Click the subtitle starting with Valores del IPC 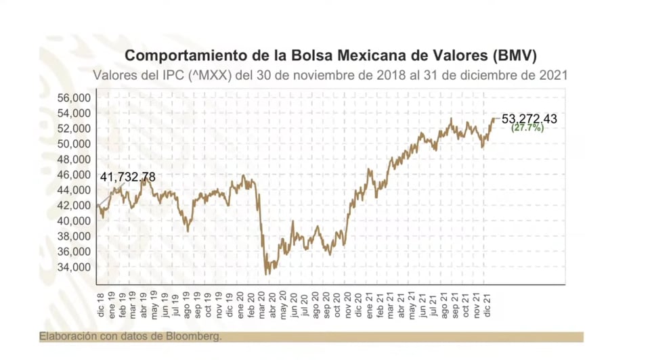[x=330, y=74]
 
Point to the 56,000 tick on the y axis [x=74, y=97]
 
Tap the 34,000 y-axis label [x=74, y=267]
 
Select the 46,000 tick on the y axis [x=74, y=175]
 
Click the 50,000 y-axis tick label [x=74, y=143]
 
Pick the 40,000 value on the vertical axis [x=74, y=221]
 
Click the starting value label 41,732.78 [x=127, y=177]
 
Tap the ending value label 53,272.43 [x=529, y=119]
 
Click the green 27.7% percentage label [x=527, y=128]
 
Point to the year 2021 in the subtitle [x=553, y=74]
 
